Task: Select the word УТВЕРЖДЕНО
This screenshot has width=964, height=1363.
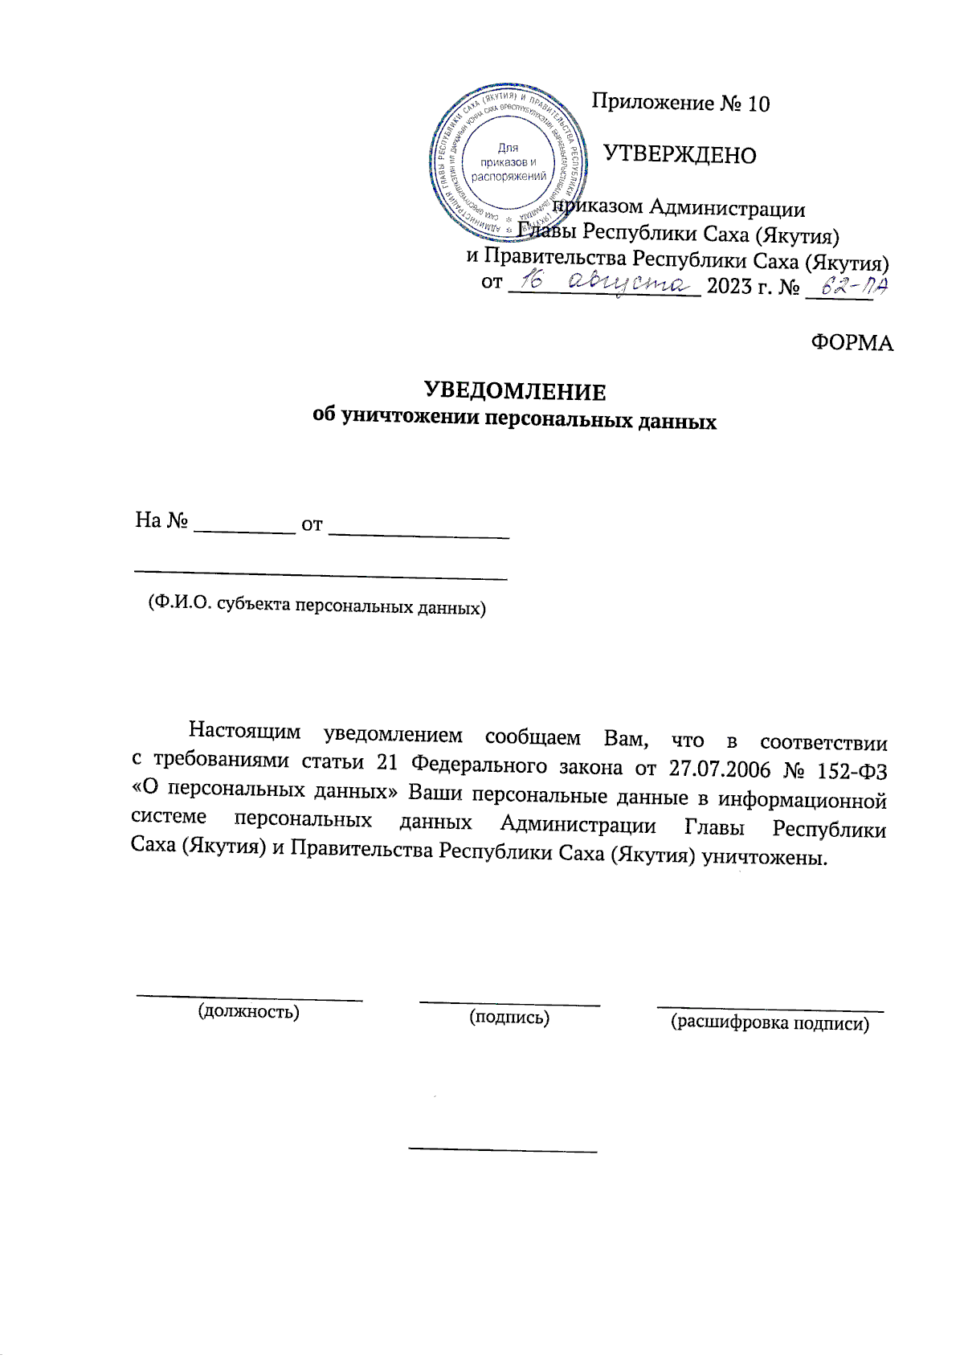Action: click(680, 154)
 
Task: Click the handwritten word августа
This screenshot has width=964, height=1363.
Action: click(629, 282)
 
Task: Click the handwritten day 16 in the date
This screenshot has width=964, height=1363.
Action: click(532, 281)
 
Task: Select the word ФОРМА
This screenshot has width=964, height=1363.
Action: click(852, 343)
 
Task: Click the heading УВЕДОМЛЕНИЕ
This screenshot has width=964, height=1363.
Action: click(515, 392)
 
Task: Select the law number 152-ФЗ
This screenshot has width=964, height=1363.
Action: click(852, 771)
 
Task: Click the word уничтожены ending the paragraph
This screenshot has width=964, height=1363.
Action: click(764, 857)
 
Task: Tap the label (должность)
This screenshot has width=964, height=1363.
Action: click(249, 1011)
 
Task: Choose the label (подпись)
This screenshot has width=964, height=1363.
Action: click(509, 1018)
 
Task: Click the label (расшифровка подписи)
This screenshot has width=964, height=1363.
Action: click(770, 1023)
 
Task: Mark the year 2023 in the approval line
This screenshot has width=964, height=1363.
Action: click(729, 286)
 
